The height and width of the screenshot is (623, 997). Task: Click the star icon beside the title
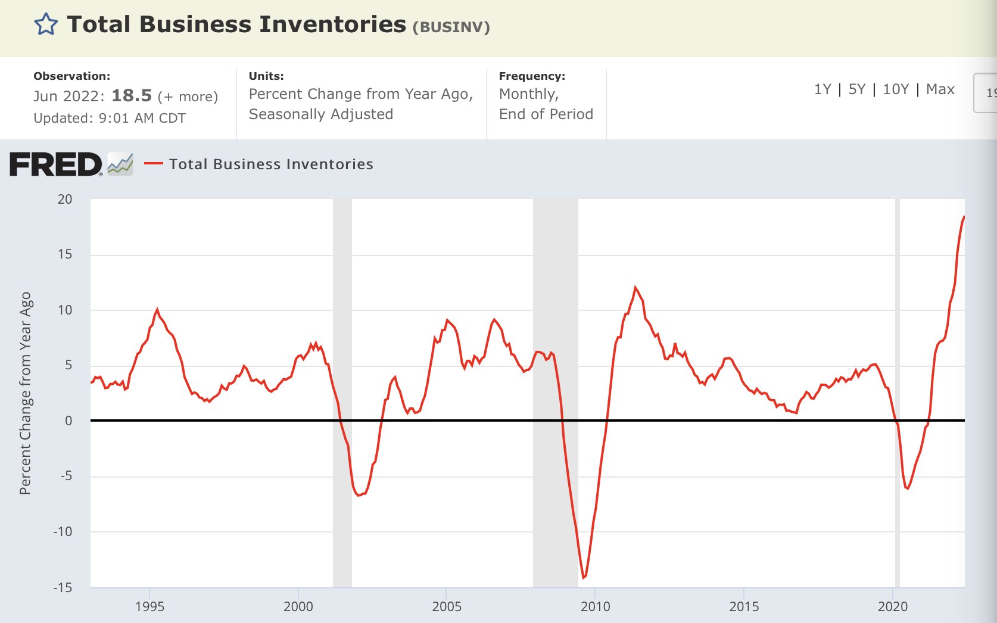point(46,25)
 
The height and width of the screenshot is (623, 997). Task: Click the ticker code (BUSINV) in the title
point(451,27)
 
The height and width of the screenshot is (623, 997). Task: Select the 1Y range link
point(822,89)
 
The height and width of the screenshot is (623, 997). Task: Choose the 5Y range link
point(856,89)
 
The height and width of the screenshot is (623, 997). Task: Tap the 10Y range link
point(895,89)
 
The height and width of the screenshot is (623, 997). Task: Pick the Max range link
point(940,89)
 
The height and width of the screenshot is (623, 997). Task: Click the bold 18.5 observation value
point(132,96)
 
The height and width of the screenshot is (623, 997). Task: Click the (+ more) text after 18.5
point(188,97)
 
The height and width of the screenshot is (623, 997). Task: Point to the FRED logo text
point(56,164)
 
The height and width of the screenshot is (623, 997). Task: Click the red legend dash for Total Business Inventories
point(153,164)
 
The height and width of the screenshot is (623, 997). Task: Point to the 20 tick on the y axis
point(65,200)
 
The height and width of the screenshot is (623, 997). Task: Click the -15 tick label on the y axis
point(63,587)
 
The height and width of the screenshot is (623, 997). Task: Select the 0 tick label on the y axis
point(68,420)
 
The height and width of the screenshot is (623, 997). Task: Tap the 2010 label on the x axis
point(595,606)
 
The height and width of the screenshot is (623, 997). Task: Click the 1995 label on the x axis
point(149,606)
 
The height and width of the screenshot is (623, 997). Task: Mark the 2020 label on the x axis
point(892,606)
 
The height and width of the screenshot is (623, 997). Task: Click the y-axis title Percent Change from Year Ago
point(25,393)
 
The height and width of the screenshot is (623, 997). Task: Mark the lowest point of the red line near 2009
point(584,577)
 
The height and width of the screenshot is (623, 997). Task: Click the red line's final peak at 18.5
point(964,217)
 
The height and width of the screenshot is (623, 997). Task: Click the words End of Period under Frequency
point(546,114)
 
